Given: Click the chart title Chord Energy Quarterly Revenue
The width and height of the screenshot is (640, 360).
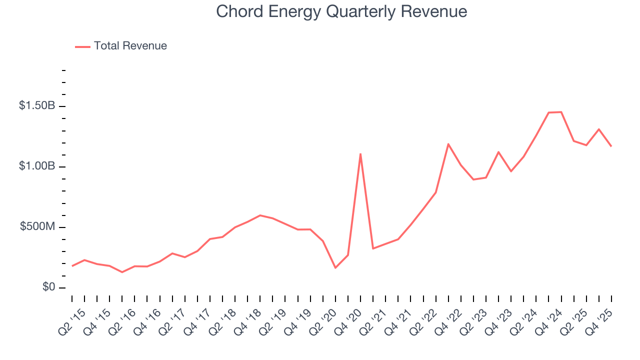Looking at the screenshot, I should [341, 11].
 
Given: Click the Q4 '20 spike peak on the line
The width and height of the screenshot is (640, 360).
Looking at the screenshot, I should [360, 154].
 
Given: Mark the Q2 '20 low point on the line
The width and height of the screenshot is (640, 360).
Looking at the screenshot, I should [335, 268].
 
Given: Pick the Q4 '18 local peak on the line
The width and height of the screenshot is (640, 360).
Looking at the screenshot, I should [260, 215].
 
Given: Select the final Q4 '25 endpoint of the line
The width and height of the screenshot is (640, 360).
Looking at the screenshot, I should [611, 146].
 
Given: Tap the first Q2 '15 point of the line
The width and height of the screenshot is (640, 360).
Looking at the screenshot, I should [72, 266].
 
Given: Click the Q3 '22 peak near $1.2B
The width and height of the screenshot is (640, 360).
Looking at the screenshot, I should [448, 144].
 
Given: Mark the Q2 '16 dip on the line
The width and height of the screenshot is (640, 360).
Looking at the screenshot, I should [122, 272].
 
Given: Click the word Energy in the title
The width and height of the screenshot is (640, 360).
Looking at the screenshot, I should [299, 11].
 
